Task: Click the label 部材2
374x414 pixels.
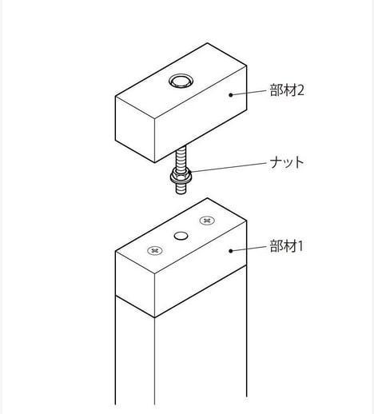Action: coord(287,90)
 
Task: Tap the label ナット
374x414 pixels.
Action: coord(287,162)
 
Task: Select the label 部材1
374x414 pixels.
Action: coord(286,246)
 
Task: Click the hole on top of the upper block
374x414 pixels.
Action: coord(181,81)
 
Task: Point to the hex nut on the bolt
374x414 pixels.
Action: coord(181,177)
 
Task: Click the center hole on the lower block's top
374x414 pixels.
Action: coord(181,236)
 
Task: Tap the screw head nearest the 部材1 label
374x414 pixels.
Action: coord(207,221)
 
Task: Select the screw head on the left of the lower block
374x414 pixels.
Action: coord(155,250)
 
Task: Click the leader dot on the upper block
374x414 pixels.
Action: coord(231,94)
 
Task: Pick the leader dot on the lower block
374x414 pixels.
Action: coord(231,251)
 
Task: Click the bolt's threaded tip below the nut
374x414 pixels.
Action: coord(181,188)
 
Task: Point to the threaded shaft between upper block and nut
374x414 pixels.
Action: coord(181,158)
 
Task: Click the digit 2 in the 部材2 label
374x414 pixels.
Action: coord(300,90)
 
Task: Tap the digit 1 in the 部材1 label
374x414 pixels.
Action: coord(300,246)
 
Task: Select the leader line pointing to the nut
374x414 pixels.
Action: coord(229,167)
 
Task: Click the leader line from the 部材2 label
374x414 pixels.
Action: coord(249,93)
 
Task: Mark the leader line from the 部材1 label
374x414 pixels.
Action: coord(249,249)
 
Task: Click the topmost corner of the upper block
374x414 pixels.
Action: coord(207,43)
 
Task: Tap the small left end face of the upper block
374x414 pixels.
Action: coord(135,129)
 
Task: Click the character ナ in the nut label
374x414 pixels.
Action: coord(276,162)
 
